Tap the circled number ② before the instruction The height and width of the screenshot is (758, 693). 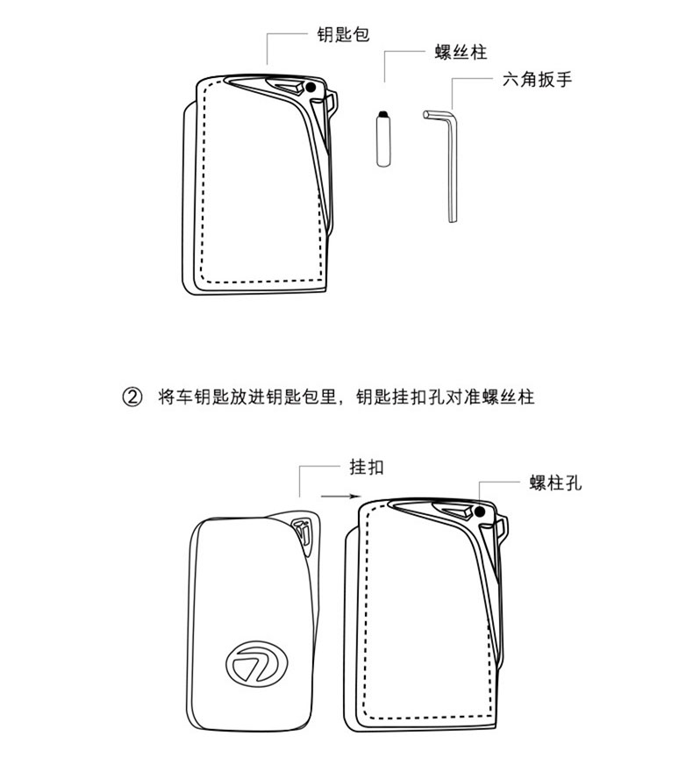(x=132, y=397)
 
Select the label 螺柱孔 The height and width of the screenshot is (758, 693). (x=556, y=483)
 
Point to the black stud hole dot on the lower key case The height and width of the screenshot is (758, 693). (x=481, y=511)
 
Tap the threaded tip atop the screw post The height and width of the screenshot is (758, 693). (x=382, y=115)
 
